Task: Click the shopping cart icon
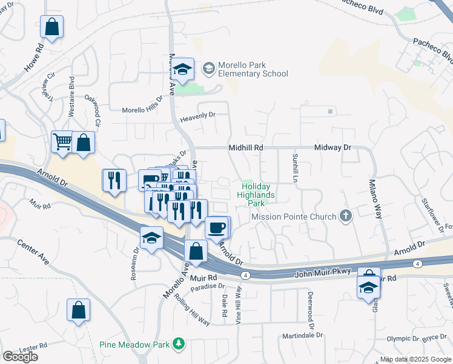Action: (62, 142)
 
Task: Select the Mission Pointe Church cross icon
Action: (345, 217)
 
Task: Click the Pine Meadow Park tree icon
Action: (178, 345)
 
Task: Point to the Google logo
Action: (20, 357)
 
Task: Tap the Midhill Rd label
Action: (246, 147)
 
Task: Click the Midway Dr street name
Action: (332, 147)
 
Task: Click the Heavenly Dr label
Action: (197, 115)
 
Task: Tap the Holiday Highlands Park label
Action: (258, 195)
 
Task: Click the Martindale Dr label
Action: (302, 335)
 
